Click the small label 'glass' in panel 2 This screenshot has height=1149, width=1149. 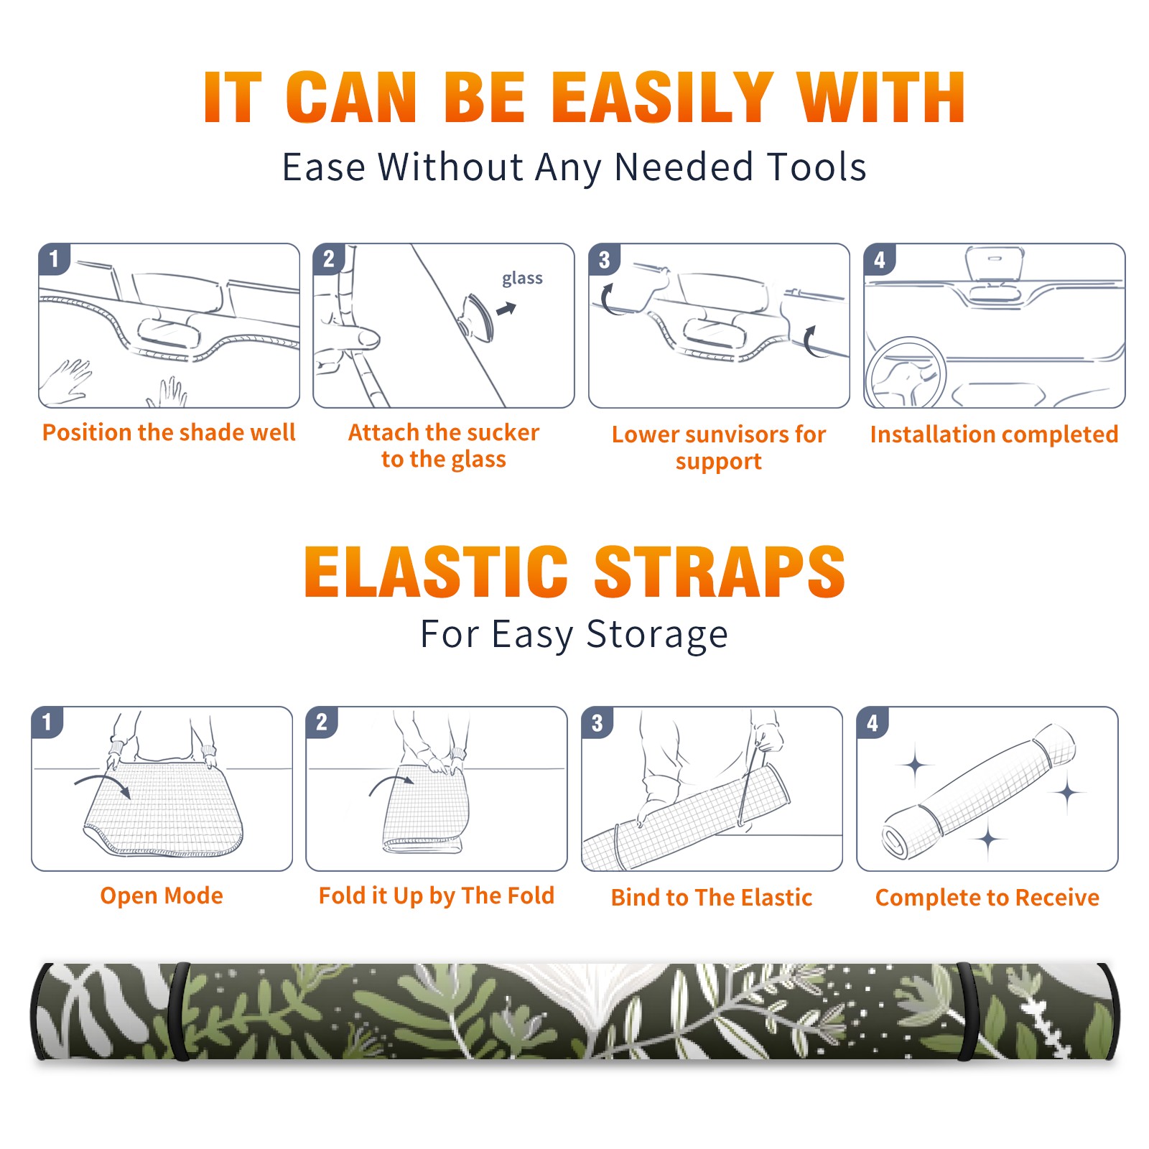coord(522,279)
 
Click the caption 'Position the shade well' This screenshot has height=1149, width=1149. coord(169,432)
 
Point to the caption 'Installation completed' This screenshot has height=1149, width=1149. coord(994,434)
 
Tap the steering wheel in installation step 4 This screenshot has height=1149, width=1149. coord(906,372)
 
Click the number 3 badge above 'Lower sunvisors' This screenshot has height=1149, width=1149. coord(604,259)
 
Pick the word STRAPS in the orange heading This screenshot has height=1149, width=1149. coord(720,572)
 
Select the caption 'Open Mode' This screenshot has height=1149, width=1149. coord(162,896)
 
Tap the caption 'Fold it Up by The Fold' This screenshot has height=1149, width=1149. coord(437,896)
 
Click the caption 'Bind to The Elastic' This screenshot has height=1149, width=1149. coord(712,898)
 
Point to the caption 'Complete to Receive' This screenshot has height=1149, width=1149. coord(987,898)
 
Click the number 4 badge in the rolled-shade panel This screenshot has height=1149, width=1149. coord(873,722)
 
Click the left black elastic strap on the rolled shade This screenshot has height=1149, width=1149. coord(180,1011)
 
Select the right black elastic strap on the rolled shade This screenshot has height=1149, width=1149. coord(967,1011)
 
